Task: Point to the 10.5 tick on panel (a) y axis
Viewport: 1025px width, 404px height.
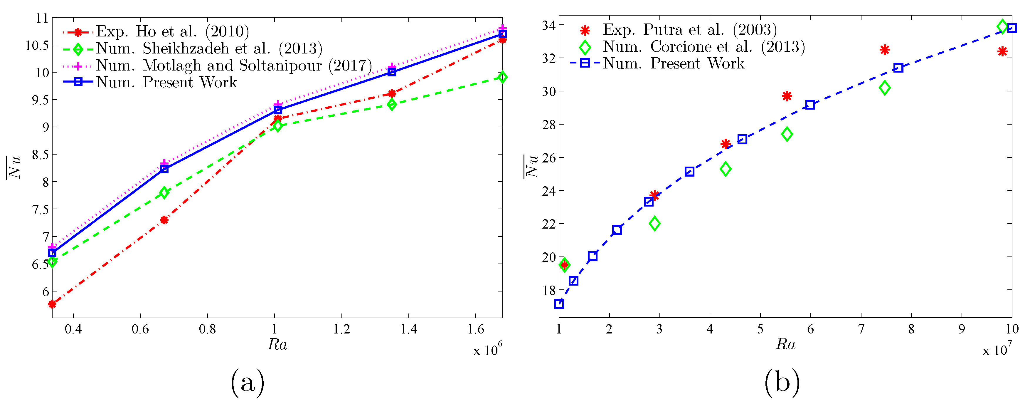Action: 37,45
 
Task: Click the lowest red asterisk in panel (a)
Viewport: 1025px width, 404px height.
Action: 52,304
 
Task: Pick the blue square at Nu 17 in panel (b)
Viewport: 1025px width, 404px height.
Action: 559,304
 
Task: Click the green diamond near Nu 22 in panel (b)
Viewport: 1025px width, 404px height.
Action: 654,224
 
